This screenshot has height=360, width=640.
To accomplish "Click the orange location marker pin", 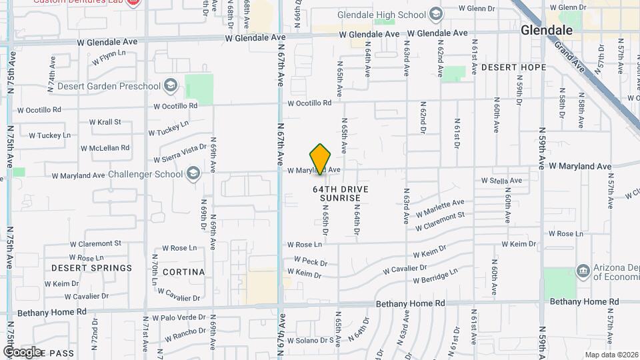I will [x=321, y=160].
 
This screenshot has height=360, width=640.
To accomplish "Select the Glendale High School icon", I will [x=436, y=14].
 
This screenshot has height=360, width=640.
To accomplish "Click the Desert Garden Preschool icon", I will [x=171, y=85].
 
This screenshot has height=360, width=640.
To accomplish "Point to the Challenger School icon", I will [x=193, y=174].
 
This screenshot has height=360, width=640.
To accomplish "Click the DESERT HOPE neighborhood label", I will [x=513, y=67].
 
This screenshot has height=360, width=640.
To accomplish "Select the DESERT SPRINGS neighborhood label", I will [x=92, y=268].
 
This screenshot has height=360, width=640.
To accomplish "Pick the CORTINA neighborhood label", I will [x=183, y=272].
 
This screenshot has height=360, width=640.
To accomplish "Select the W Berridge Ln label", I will [x=435, y=277].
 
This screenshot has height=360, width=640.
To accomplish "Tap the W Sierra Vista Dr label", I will [x=179, y=153].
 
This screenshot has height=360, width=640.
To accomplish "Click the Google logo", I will [x=22, y=351].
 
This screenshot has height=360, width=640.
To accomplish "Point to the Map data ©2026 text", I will [x=611, y=355].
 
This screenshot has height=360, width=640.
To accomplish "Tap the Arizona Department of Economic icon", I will [x=583, y=270].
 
